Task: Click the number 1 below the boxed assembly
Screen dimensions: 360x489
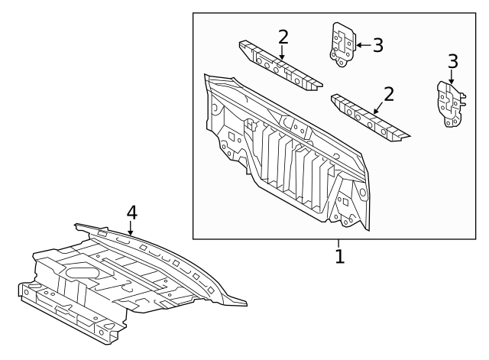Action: [x=339, y=256]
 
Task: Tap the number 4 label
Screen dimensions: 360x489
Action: [x=131, y=211]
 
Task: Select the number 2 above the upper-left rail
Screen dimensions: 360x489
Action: [x=283, y=37]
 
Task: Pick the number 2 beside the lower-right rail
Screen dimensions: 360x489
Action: [x=389, y=94]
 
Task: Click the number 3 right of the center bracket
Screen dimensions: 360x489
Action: [x=377, y=45]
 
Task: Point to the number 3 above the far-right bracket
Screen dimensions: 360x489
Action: [x=452, y=60]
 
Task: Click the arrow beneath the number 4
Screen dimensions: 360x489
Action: [x=131, y=229]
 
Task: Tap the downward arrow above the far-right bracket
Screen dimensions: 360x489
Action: [x=452, y=76]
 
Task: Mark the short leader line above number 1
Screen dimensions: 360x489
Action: [x=339, y=242]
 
